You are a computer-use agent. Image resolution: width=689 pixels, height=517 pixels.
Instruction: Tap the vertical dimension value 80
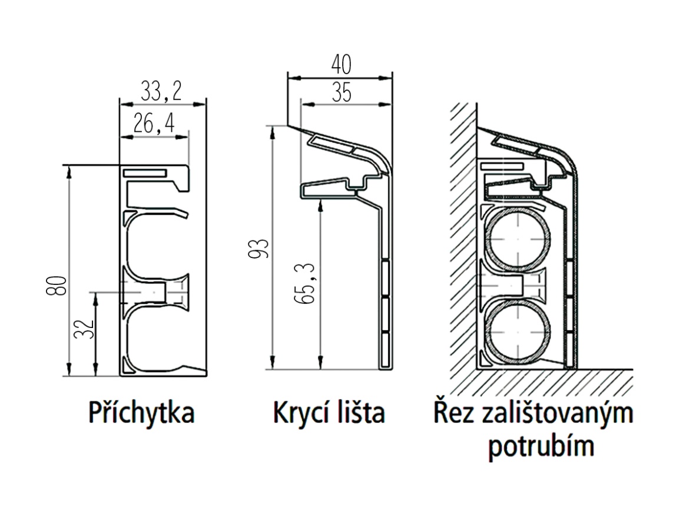[x=57, y=287]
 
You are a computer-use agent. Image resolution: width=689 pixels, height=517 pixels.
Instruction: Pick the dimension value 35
[x=342, y=93]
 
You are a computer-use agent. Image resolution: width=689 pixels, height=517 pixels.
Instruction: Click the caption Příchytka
[x=141, y=413]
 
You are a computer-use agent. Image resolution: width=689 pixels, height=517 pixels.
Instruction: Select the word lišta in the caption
[x=359, y=413]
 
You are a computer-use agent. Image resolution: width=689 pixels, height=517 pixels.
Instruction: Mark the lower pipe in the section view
[x=519, y=332]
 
